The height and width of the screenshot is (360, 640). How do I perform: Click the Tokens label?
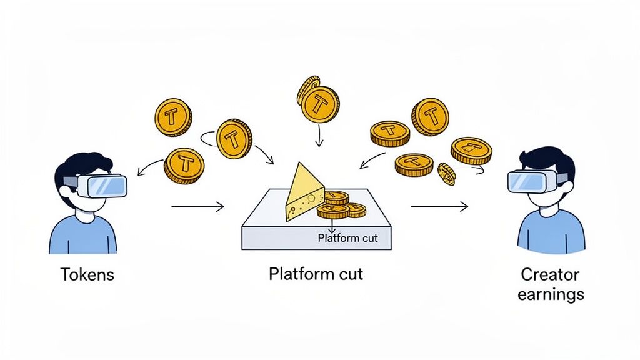point(87,274)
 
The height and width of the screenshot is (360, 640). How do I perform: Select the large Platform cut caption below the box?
point(316,274)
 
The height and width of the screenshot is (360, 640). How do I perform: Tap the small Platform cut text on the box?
point(347,238)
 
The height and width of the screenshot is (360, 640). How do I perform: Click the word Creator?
point(550,274)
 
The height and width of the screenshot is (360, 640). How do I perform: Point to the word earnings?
point(550,294)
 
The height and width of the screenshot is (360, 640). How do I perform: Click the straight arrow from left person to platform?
point(197,206)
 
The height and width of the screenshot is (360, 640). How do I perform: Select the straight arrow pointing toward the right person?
point(439,206)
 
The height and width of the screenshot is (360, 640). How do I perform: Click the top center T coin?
point(320,103)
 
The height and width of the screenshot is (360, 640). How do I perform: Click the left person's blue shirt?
point(83,234)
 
